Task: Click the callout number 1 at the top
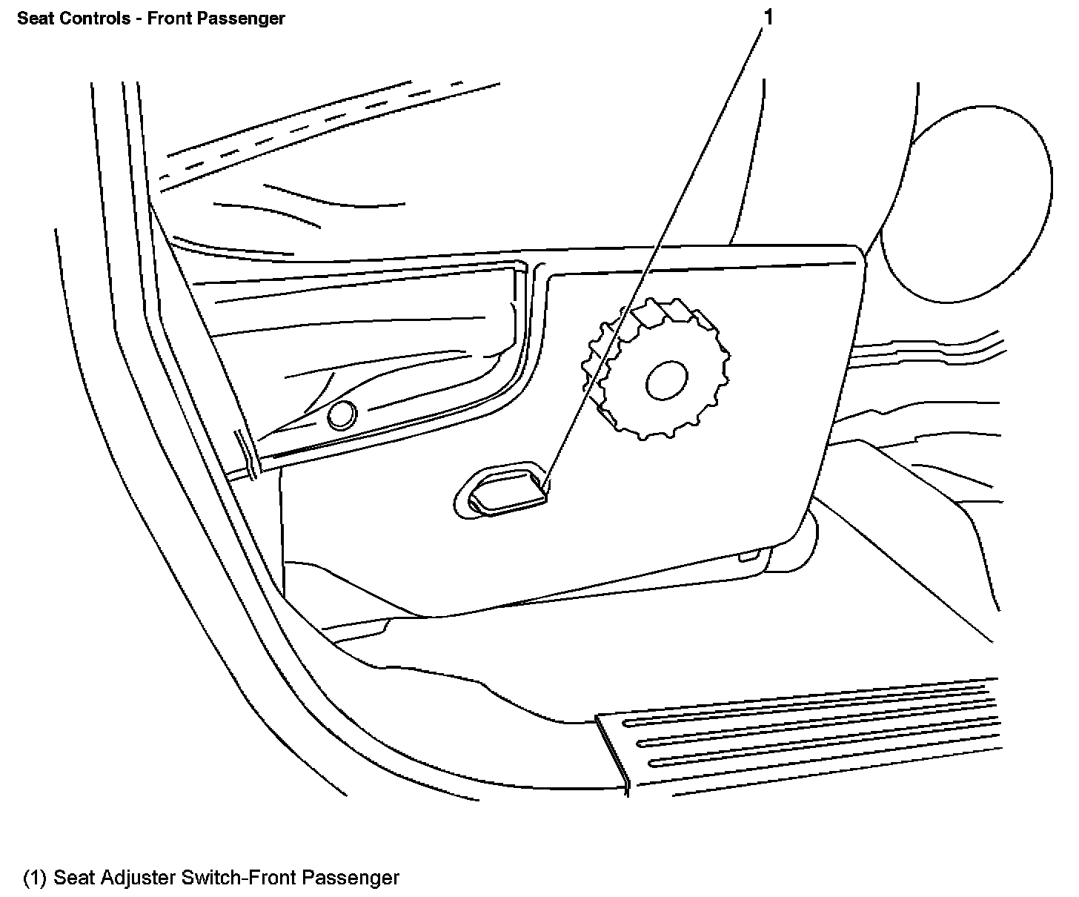point(768,16)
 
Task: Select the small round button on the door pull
point(341,415)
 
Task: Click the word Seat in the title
point(33,19)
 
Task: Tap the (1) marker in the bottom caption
point(36,878)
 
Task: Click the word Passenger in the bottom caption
point(349,878)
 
